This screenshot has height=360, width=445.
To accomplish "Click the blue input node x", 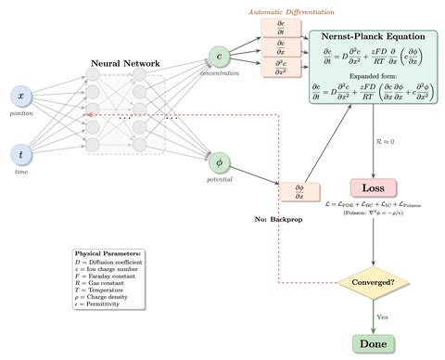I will coord(20,97).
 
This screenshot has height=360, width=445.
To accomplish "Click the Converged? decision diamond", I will coord(372,281).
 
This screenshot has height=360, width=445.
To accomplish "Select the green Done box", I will coord(372,343).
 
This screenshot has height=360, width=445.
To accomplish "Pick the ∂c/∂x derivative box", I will coord(281,47).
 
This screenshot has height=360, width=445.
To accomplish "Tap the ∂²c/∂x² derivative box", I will coord(281,67).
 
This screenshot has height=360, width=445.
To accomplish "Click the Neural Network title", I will coord(125,63).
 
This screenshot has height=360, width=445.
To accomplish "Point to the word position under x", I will coord(20,114).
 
